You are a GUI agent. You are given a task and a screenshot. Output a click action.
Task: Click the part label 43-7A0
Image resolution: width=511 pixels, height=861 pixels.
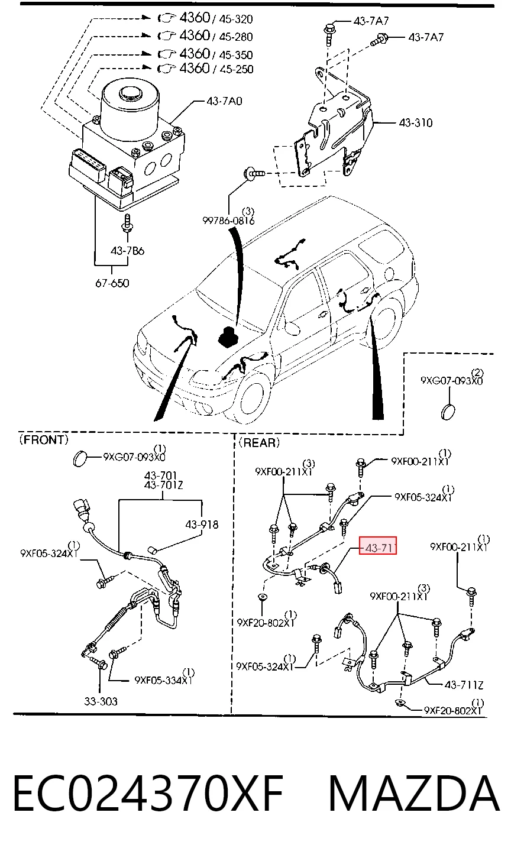pyautogui.click(x=224, y=101)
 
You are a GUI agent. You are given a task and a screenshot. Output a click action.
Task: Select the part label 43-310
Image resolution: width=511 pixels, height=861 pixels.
pyautogui.click(x=416, y=122)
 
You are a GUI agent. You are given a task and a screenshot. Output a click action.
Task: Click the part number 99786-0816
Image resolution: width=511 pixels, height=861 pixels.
pyautogui.click(x=228, y=221)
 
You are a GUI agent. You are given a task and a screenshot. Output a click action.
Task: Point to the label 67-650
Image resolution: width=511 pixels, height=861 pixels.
pyautogui.click(x=112, y=283)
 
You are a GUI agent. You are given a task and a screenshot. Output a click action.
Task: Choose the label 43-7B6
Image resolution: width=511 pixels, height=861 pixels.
pyautogui.click(x=127, y=251)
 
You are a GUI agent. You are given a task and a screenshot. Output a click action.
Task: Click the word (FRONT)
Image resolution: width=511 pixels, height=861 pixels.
pyautogui.click(x=44, y=439)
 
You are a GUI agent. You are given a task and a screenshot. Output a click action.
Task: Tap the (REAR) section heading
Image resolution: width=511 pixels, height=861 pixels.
pyautogui.click(x=259, y=443)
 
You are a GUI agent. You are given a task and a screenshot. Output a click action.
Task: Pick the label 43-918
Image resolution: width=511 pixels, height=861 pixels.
pyautogui.click(x=202, y=525)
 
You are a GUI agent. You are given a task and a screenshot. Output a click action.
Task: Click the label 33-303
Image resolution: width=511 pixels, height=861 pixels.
pyautogui.click(x=101, y=701)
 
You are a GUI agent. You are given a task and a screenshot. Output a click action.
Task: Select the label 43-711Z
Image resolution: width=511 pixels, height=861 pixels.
pyautogui.click(x=464, y=685)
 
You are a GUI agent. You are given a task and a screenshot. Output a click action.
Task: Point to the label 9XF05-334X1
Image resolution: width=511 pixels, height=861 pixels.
pyautogui.click(x=163, y=680)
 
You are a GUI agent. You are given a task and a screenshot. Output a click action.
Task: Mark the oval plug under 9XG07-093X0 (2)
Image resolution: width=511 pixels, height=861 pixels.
pyautogui.click(x=448, y=412)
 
